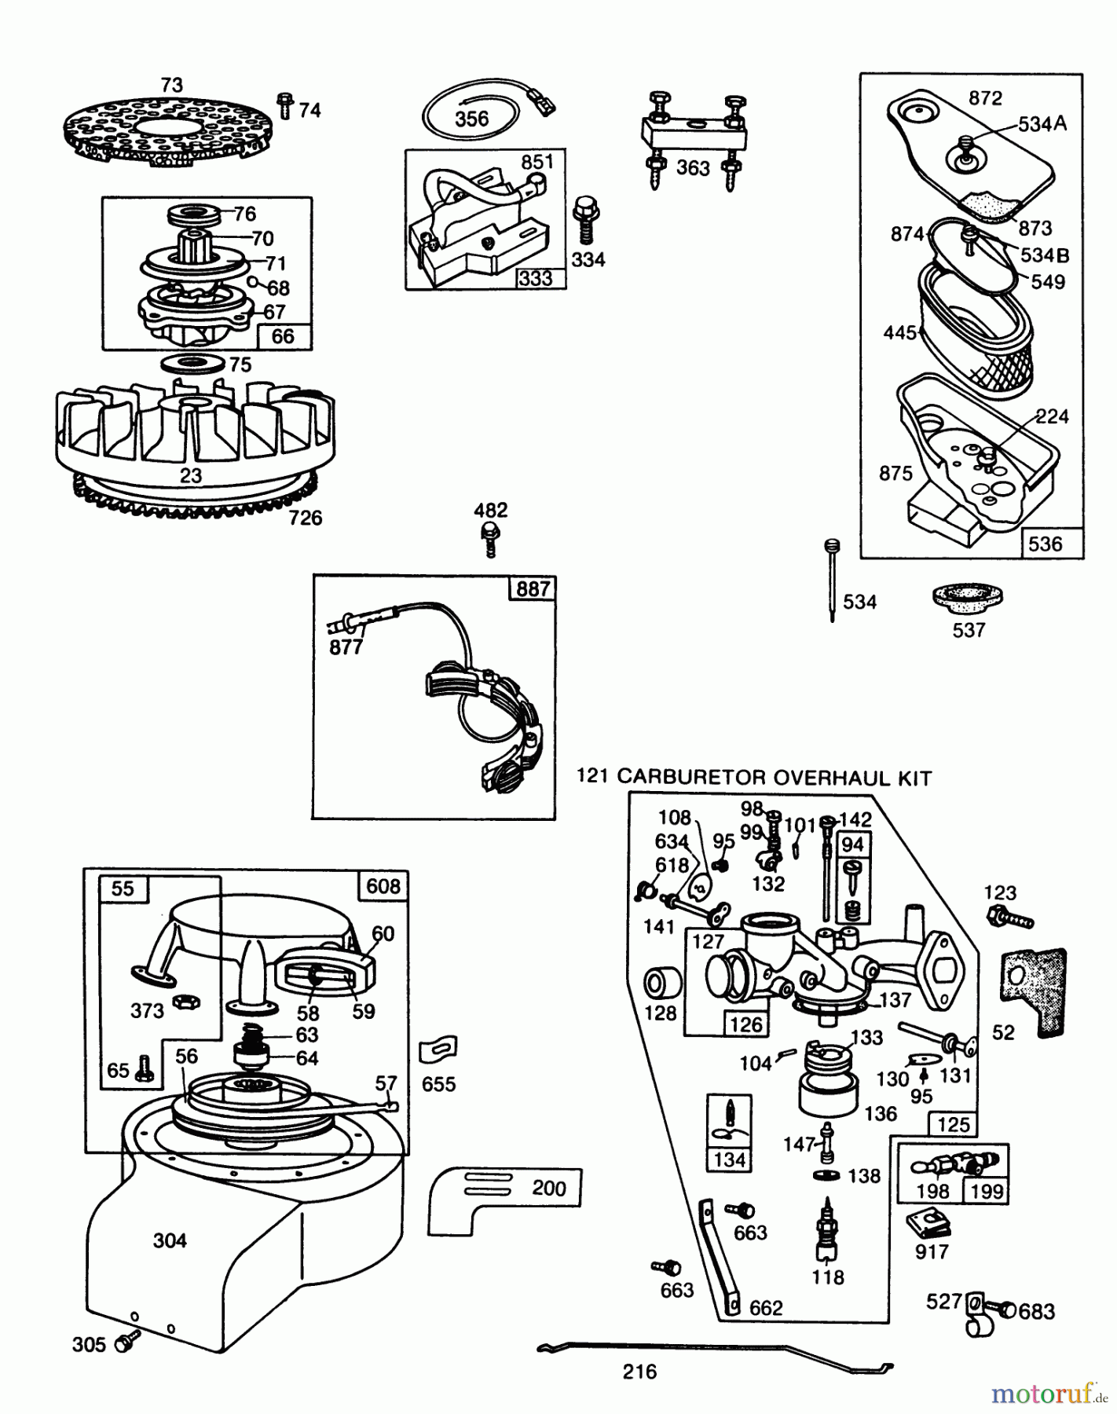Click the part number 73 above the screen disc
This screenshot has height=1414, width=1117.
[x=171, y=85]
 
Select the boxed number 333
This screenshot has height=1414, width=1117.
[x=536, y=278]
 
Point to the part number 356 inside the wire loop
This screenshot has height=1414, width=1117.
[x=471, y=119]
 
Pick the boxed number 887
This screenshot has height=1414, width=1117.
[x=533, y=588]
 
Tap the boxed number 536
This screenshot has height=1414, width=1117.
[x=1045, y=544]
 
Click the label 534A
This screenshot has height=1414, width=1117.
[x=1042, y=124]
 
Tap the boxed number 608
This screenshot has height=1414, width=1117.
[x=383, y=886]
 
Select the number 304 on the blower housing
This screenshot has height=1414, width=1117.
[x=170, y=1240]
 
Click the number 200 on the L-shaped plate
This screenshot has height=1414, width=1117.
[x=548, y=1188]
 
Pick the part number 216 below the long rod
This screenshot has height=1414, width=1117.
[x=639, y=1372]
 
